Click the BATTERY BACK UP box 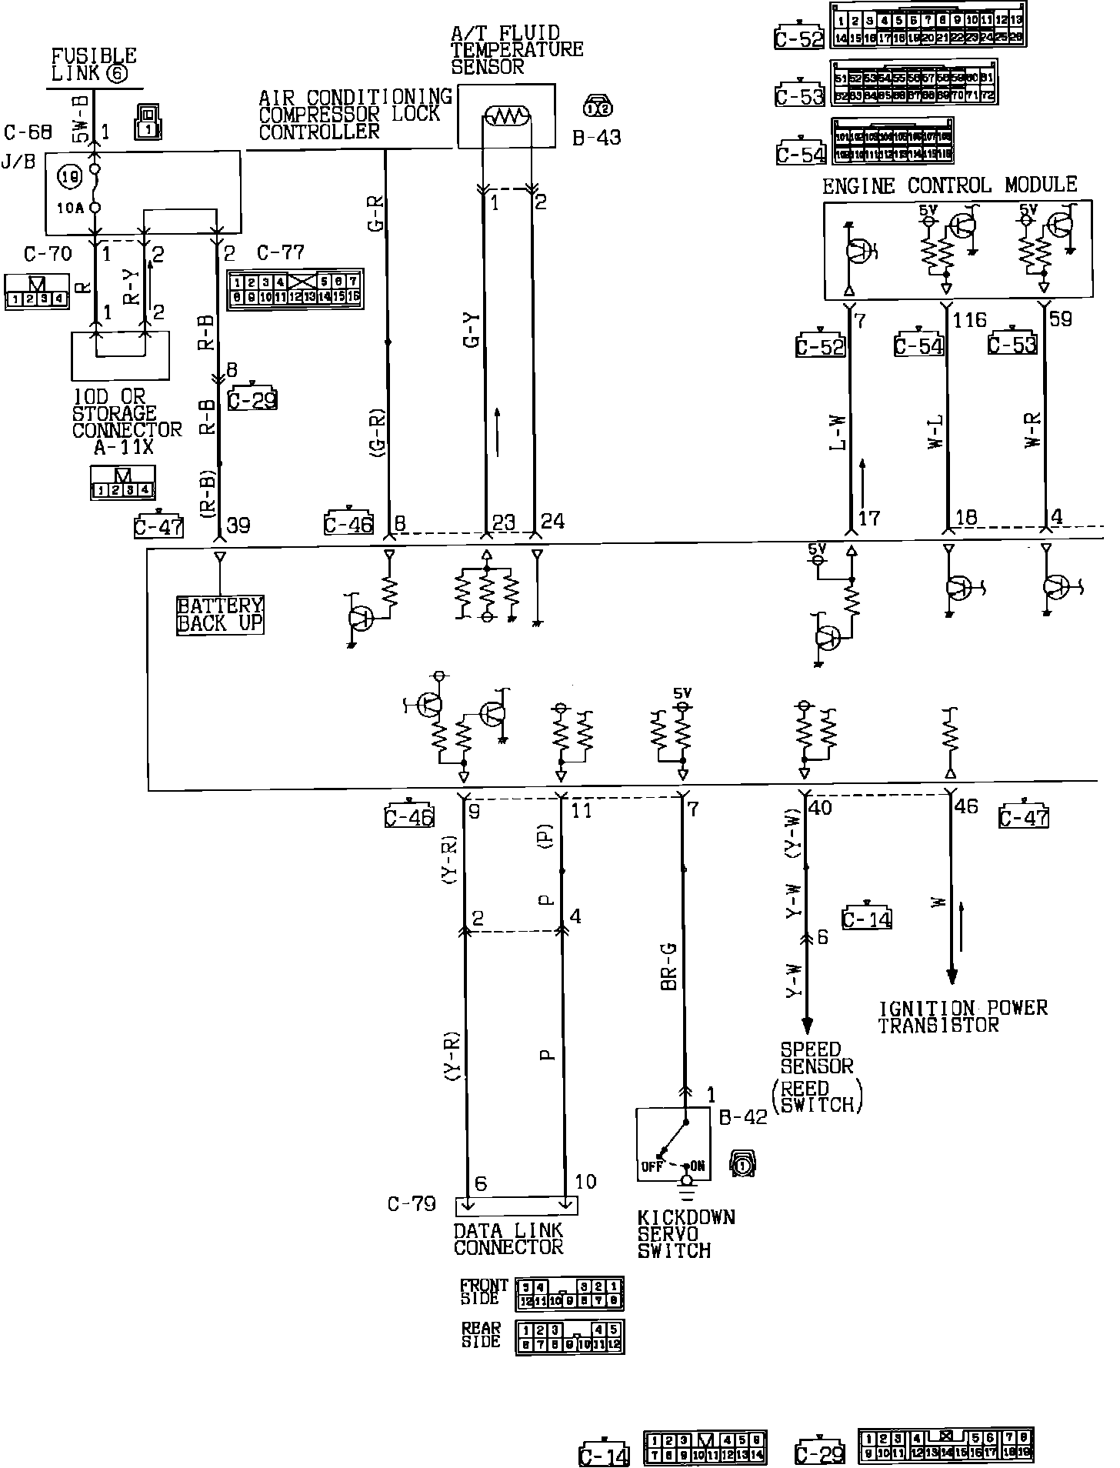click(221, 615)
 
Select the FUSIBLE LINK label click(93, 65)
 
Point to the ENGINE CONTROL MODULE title click(949, 185)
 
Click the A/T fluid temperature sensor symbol click(505, 117)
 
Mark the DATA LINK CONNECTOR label click(508, 1239)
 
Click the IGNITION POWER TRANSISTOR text click(962, 1016)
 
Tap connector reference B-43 click(596, 138)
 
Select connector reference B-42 click(743, 1117)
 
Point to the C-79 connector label click(412, 1203)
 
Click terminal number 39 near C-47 click(238, 525)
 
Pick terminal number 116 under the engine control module click(969, 319)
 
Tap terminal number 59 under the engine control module click(1061, 319)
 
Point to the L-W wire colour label click(838, 432)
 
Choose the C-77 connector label click(280, 252)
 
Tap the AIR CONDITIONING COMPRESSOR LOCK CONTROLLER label click(355, 115)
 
